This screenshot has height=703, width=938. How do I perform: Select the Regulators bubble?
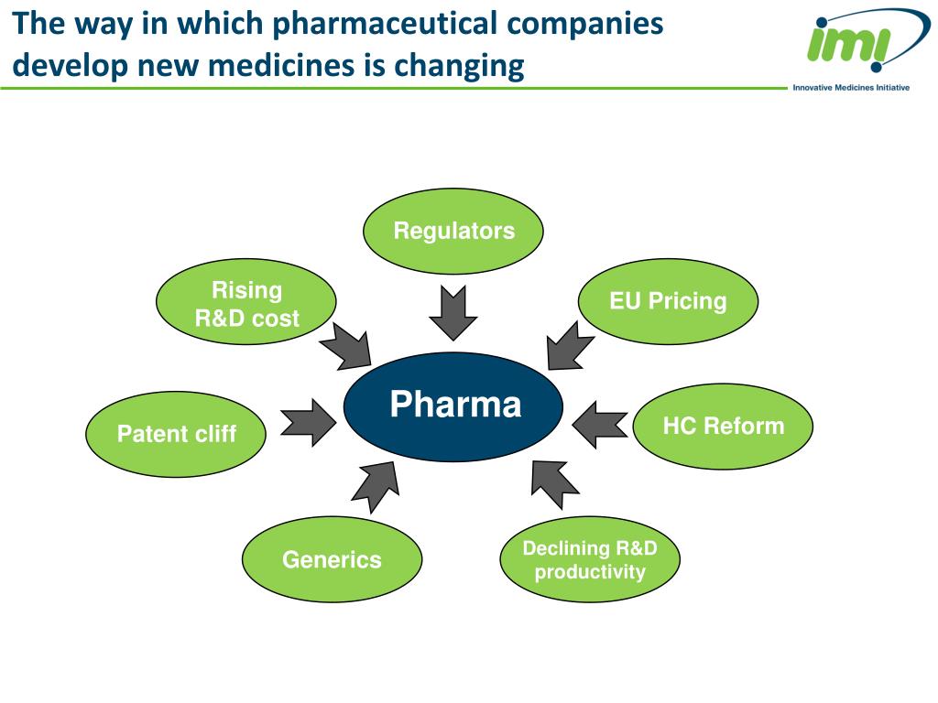tap(453, 231)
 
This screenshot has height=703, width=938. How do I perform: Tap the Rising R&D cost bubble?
tap(246, 304)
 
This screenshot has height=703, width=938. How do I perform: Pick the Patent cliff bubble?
tap(176, 433)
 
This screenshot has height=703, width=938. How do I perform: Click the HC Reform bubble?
tap(723, 426)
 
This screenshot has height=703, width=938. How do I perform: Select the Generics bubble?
tap(332, 559)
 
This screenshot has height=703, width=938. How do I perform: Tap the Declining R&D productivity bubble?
tap(590, 559)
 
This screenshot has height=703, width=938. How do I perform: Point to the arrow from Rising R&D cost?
tap(345, 349)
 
